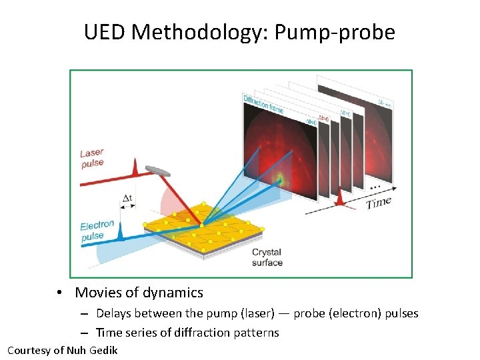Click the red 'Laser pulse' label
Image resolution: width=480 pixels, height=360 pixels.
(x=93, y=159)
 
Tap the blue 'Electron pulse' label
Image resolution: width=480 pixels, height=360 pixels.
(x=97, y=231)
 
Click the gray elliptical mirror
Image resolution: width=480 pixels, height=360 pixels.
(x=159, y=171)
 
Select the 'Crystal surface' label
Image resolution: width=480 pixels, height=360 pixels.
(x=267, y=257)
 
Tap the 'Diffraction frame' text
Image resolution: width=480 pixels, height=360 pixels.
(x=263, y=104)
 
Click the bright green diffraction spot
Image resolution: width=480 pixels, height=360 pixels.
(x=280, y=178)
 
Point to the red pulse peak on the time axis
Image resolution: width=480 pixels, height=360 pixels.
(x=341, y=196)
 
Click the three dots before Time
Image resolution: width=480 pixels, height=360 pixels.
(x=375, y=187)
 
